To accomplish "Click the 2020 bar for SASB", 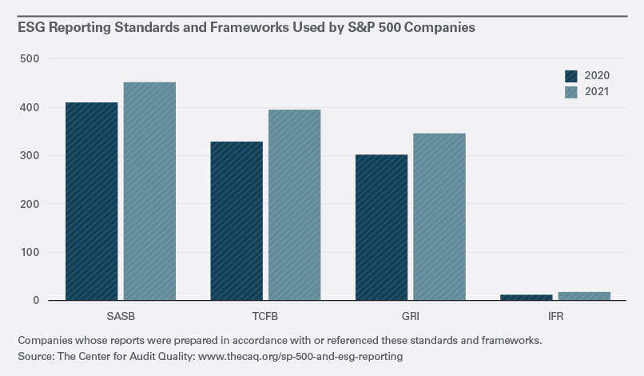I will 92,202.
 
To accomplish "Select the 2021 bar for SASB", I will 149,191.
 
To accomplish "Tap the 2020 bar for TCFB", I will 237,221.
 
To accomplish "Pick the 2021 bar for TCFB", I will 294,205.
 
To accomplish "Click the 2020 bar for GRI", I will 381,227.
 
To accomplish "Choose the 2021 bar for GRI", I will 439,217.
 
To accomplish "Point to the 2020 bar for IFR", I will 526,298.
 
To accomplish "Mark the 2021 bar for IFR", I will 583,296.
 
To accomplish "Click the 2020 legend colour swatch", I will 571,76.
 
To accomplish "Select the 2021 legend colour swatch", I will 571,92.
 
